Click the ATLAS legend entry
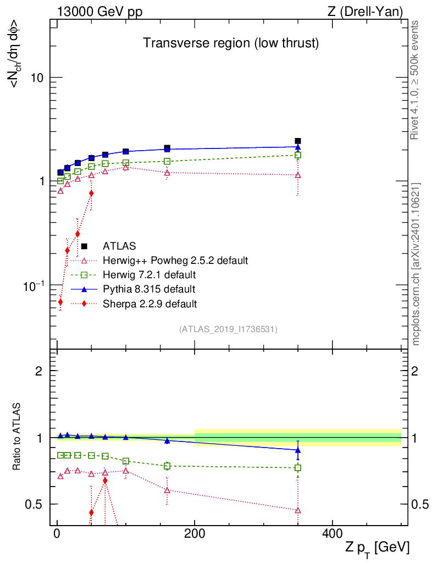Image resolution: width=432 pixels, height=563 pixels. (x=119, y=246)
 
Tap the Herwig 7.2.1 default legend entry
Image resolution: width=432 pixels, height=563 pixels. (x=149, y=274)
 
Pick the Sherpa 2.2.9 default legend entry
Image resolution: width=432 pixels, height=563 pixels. (x=149, y=303)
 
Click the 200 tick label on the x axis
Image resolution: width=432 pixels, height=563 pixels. (x=195, y=533)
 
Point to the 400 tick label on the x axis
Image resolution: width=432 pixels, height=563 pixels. (x=331, y=533)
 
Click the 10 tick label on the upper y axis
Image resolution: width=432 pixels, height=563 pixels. (x=37, y=78)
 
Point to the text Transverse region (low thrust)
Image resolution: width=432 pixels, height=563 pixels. (x=231, y=43)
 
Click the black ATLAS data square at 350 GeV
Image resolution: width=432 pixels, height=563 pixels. (x=298, y=141)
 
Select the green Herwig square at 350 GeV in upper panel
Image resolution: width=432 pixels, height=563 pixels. (x=298, y=155)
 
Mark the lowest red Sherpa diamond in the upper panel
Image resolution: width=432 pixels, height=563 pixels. (x=60, y=302)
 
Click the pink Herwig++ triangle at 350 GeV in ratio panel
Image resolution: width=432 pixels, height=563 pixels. (x=298, y=510)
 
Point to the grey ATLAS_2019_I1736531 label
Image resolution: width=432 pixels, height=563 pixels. (x=228, y=329)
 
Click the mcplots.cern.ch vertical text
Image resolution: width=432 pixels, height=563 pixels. (x=416, y=264)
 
